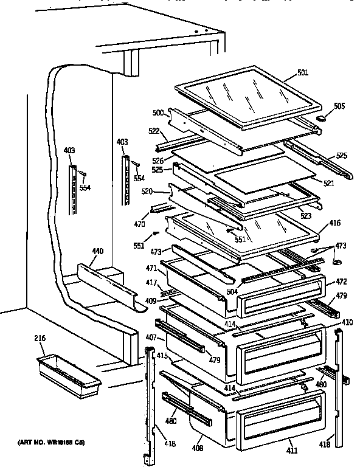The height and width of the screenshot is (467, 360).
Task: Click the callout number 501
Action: click(303, 73)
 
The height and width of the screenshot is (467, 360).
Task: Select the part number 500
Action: click(157, 113)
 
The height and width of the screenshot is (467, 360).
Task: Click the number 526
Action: click(157, 161)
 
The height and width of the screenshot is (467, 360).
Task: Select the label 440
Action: click(97, 251)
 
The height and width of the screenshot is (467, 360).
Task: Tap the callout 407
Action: click(151, 337)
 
